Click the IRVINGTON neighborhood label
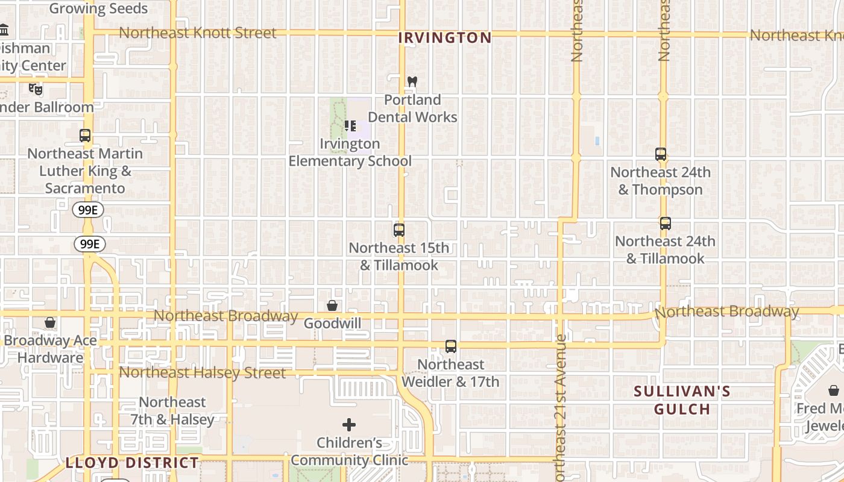tap(445, 38)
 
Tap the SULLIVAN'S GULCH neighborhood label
tap(682, 401)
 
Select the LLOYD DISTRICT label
tap(132, 463)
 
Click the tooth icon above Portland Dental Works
tap(412, 81)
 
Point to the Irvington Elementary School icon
tap(350, 126)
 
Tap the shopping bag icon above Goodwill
tap(332, 306)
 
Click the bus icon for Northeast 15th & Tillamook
tap(398, 230)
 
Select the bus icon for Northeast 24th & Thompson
tap(661, 154)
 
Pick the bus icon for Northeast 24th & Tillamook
tap(665, 224)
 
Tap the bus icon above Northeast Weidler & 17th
tap(450, 346)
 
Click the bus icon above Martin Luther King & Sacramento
tap(85, 136)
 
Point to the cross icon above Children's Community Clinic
tap(349, 425)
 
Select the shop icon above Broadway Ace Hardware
tap(50, 323)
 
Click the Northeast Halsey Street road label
tap(202, 373)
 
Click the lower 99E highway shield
tap(90, 244)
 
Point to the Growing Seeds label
tap(98, 8)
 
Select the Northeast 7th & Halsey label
tap(172, 411)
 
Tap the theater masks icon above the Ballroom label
tap(36, 89)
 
